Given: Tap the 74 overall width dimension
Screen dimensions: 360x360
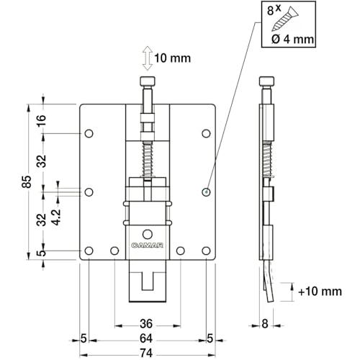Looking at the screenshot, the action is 146,353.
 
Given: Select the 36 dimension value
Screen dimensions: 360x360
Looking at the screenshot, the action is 146,324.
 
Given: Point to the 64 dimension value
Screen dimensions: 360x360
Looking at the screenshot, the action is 146,338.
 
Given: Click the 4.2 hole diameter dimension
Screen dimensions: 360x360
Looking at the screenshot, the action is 56,217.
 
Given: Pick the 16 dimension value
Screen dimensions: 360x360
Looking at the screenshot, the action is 41,120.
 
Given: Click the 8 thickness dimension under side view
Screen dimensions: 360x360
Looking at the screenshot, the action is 264,324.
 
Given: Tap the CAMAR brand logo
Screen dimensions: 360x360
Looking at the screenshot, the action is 147,246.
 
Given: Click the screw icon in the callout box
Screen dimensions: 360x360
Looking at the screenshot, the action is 285,18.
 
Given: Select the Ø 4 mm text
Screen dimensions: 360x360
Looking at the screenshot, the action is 292,39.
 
